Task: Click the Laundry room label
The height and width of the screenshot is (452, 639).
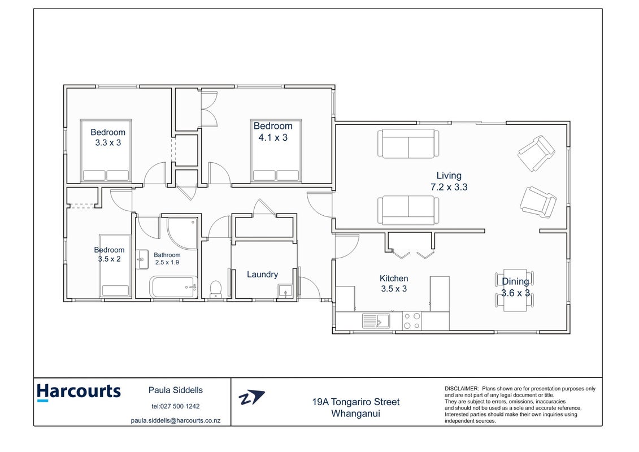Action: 263,275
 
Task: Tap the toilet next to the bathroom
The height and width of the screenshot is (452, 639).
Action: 215,289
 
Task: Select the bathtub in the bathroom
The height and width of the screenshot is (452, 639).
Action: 173,287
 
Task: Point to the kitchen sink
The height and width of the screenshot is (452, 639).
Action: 376,321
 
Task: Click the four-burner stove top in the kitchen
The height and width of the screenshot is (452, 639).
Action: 412,321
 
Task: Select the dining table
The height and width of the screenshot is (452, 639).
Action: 515,290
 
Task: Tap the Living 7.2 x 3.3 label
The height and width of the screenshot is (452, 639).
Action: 449,181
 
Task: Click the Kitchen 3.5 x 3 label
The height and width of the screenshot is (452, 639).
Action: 394,284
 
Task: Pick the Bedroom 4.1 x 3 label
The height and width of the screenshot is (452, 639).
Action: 273,132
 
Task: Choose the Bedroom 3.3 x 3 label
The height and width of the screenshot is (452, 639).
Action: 108,137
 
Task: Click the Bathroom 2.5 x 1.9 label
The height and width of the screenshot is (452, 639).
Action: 167,259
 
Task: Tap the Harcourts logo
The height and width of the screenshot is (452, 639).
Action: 79,392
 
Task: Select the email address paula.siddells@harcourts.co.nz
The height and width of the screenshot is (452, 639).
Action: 176,420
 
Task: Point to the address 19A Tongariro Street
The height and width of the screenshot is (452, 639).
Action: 356,402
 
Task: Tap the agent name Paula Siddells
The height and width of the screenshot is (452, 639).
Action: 176,390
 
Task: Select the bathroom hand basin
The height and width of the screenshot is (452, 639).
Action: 142,260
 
